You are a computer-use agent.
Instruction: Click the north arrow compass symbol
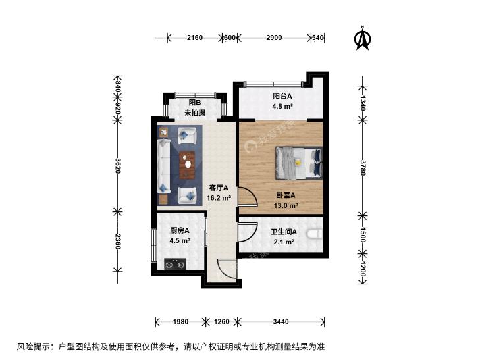[x=362, y=38]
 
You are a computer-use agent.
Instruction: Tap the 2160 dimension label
[x=195, y=38]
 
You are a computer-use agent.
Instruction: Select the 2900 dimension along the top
[x=274, y=38]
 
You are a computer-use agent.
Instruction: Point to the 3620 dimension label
[x=118, y=165]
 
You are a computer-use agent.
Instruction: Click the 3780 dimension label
[x=363, y=168]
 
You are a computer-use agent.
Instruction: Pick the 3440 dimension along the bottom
[x=280, y=321]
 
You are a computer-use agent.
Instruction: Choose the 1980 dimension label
[x=180, y=321]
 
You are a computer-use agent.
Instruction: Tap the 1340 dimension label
[x=363, y=103]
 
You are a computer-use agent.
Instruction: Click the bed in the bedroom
[x=299, y=163]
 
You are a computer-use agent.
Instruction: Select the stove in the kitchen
[x=175, y=264]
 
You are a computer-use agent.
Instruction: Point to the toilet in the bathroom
[x=315, y=234]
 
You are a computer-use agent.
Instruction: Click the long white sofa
[x=164, y=166]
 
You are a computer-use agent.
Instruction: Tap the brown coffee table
[x=187, y=165]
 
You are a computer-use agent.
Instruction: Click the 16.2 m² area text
[x=219, y=198]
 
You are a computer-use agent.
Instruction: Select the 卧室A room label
[x=286, y=195]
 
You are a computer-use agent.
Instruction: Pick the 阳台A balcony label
[x=282, y=96]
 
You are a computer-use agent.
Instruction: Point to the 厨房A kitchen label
[x=180, y=230]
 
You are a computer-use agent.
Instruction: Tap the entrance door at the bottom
[x=227, y=269]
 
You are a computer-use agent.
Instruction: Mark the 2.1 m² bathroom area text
[x=284, y=242]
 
